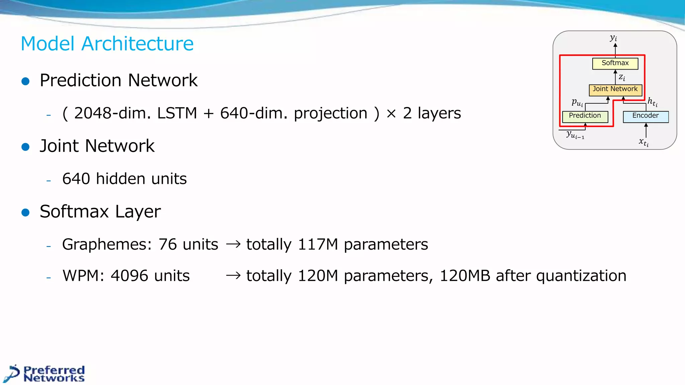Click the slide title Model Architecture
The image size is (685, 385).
107,44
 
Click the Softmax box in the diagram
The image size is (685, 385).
615,63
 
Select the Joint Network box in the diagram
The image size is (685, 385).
615,89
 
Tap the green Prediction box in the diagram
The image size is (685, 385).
585,116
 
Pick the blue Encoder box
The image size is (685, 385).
645,116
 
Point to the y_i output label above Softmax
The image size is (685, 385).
613,38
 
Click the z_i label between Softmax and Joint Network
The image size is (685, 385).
621,77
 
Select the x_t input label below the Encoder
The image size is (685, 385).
643,142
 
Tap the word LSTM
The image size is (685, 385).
177,113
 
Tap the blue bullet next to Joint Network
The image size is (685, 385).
25,147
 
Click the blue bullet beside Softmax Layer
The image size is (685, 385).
25,212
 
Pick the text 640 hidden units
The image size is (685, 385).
124,179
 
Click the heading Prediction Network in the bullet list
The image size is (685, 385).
118,81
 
